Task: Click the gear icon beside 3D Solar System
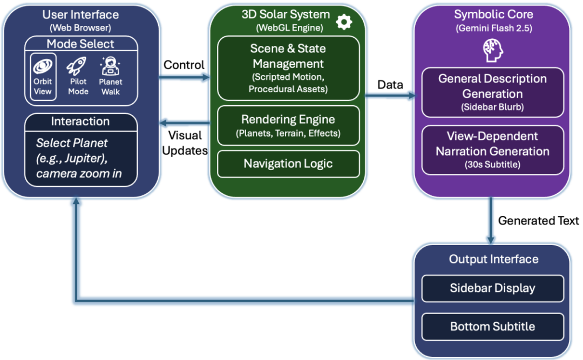[x=343, y=22]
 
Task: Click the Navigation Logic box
[x=288, y=164]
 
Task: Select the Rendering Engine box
[x=288, y=125]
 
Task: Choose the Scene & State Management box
[x=288, y=68]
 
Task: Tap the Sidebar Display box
[x=492, y=288]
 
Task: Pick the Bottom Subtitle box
[x=492, y=326]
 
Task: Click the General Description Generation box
[x=492, y=92]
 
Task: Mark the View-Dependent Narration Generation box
[x=492, y=150]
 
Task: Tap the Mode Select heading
[x=80, y=44]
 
